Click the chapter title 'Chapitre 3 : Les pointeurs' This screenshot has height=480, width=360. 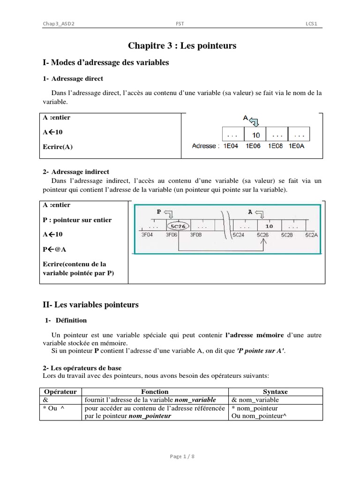coord(182,45)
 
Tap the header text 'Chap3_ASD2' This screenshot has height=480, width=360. coord(59,24)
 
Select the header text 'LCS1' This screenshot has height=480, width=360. coord(312,24)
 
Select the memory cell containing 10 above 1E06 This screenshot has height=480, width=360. coord(255,135)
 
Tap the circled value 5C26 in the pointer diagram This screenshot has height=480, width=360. coord(178,225)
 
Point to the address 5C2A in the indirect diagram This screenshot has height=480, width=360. coord(310,235)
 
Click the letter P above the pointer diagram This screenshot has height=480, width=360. coord(158,212)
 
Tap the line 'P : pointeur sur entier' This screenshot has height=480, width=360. coord(77,220)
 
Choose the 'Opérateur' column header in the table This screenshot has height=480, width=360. coord(60,391)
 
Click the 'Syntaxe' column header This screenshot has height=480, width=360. coord(276,391)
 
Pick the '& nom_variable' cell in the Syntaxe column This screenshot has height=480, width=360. coord(255,400)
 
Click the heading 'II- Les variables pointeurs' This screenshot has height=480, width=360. coord(90,305)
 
